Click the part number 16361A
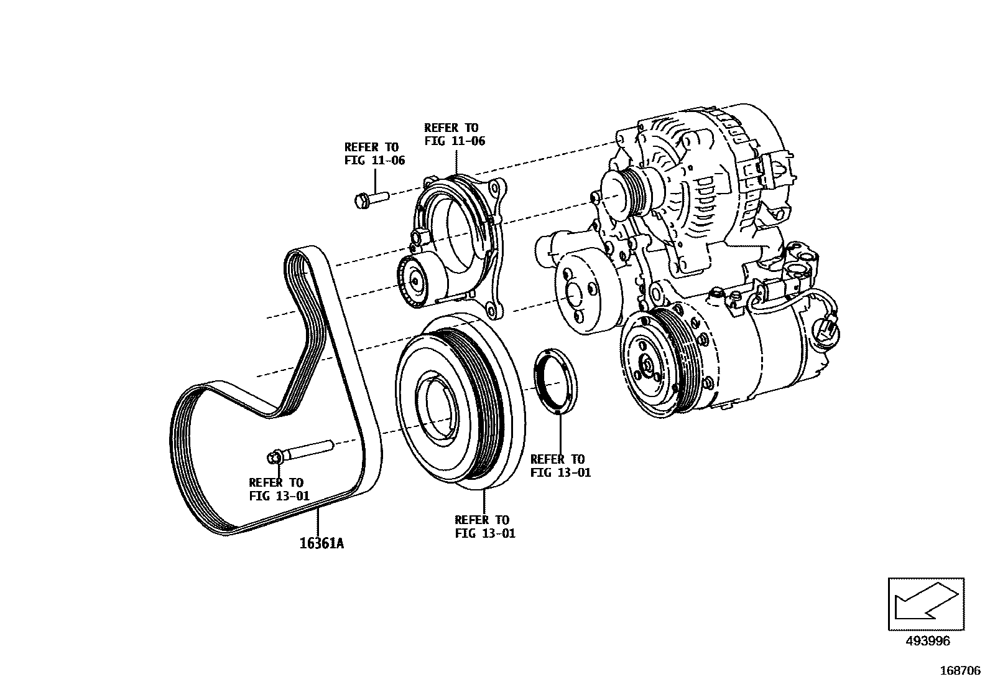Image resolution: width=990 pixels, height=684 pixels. pos(322,543)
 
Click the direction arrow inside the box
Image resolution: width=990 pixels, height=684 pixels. pos(925,603)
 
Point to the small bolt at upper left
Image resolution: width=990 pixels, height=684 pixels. pos(369,200)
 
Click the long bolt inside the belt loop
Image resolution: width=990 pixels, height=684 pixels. pos(301,451)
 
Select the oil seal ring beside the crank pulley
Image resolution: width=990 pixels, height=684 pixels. pos(555,381)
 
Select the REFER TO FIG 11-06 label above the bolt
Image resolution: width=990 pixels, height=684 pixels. pos(374,153)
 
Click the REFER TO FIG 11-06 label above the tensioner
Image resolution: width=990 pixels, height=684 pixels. pos(454,134)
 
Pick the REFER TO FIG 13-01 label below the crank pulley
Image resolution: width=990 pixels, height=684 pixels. pos(484,527)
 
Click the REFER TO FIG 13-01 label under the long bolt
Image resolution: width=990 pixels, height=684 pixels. pos(279,489)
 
